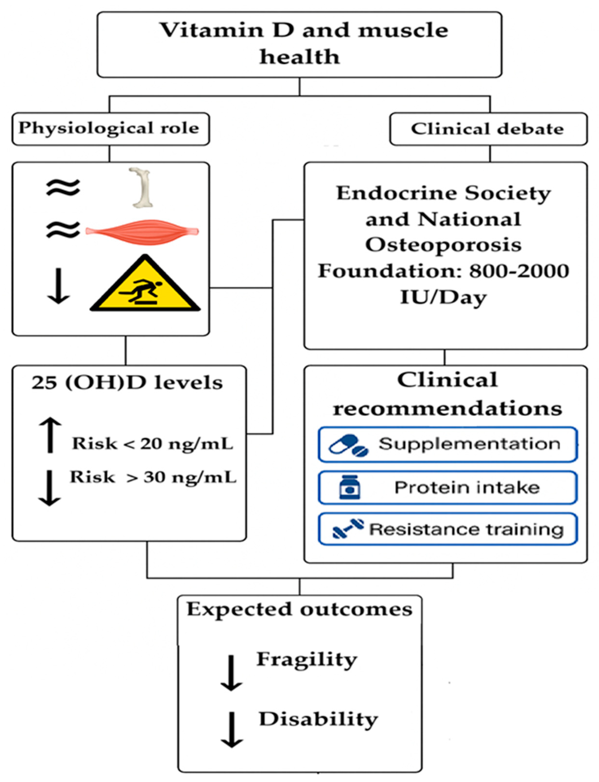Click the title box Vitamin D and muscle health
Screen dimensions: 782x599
[299, 44]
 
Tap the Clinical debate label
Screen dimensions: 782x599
[488, 129]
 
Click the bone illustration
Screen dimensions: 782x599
[142, 188]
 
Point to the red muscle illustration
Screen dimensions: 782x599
[142, 232]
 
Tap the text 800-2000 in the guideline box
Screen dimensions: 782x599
[519, 271]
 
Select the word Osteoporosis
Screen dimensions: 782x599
[443, 245]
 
